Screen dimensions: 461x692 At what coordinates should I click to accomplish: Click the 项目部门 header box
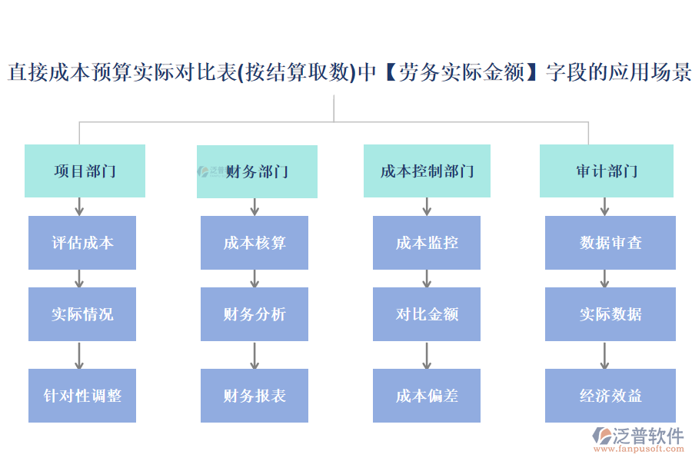coord(85,171)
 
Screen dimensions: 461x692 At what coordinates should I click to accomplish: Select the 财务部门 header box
coord(257,171)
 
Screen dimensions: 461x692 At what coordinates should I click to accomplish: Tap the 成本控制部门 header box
coord(427,171)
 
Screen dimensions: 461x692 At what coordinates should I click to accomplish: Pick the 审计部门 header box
coord(606,171)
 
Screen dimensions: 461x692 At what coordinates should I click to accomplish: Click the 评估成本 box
coord(82,243)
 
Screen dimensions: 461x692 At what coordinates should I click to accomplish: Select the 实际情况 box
coord(82,314)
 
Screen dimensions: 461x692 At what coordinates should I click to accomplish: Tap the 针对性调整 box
coord(82,396)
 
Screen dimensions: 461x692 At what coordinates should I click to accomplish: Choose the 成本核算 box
coord(255,243)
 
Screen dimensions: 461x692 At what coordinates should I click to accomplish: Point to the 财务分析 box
coord(255,314)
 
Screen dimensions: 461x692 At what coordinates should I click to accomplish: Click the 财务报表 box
coord(255,396)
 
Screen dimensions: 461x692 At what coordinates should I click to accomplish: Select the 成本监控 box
coord(427,243)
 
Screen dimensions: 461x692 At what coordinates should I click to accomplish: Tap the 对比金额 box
coord(427,314)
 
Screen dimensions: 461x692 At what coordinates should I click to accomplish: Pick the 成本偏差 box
coord(427,396)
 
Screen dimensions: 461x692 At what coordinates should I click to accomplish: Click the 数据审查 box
coord(610,243)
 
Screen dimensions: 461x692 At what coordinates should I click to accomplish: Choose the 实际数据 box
coord(610,314)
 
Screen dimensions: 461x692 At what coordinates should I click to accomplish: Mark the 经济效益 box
coord(610,396)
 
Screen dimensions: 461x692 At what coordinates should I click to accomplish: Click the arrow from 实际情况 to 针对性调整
coord(78,355)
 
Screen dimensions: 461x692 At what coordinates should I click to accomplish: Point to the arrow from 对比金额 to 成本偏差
coord(427,355)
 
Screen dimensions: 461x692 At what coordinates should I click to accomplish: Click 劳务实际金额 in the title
coord(461,73)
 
